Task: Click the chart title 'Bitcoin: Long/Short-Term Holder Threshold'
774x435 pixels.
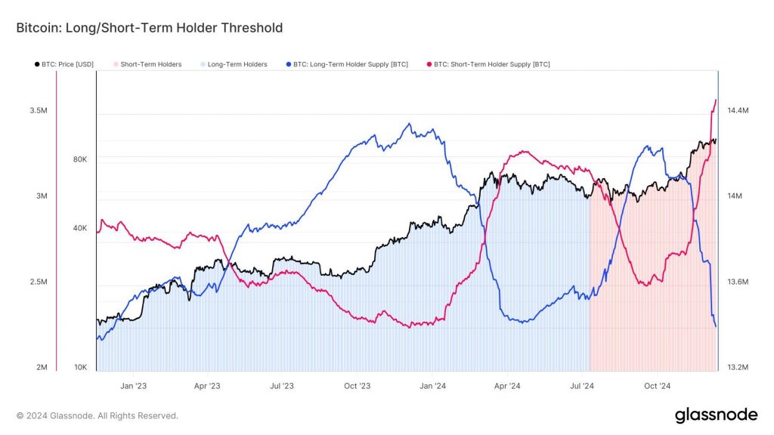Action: point(150,28)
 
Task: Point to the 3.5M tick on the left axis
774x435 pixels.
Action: point(39,110)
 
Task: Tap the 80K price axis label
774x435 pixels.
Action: point(79,159)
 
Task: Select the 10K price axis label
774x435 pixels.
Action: point(79,368)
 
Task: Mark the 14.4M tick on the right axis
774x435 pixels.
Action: point(737,110)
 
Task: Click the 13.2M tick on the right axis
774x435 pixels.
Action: point(737,368)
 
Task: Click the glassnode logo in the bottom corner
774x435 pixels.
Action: point(715,415)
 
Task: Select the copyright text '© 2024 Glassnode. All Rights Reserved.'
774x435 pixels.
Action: point(98,415)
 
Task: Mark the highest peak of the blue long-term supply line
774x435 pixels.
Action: point(409,123)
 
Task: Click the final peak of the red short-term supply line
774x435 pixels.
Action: point(715,100)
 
